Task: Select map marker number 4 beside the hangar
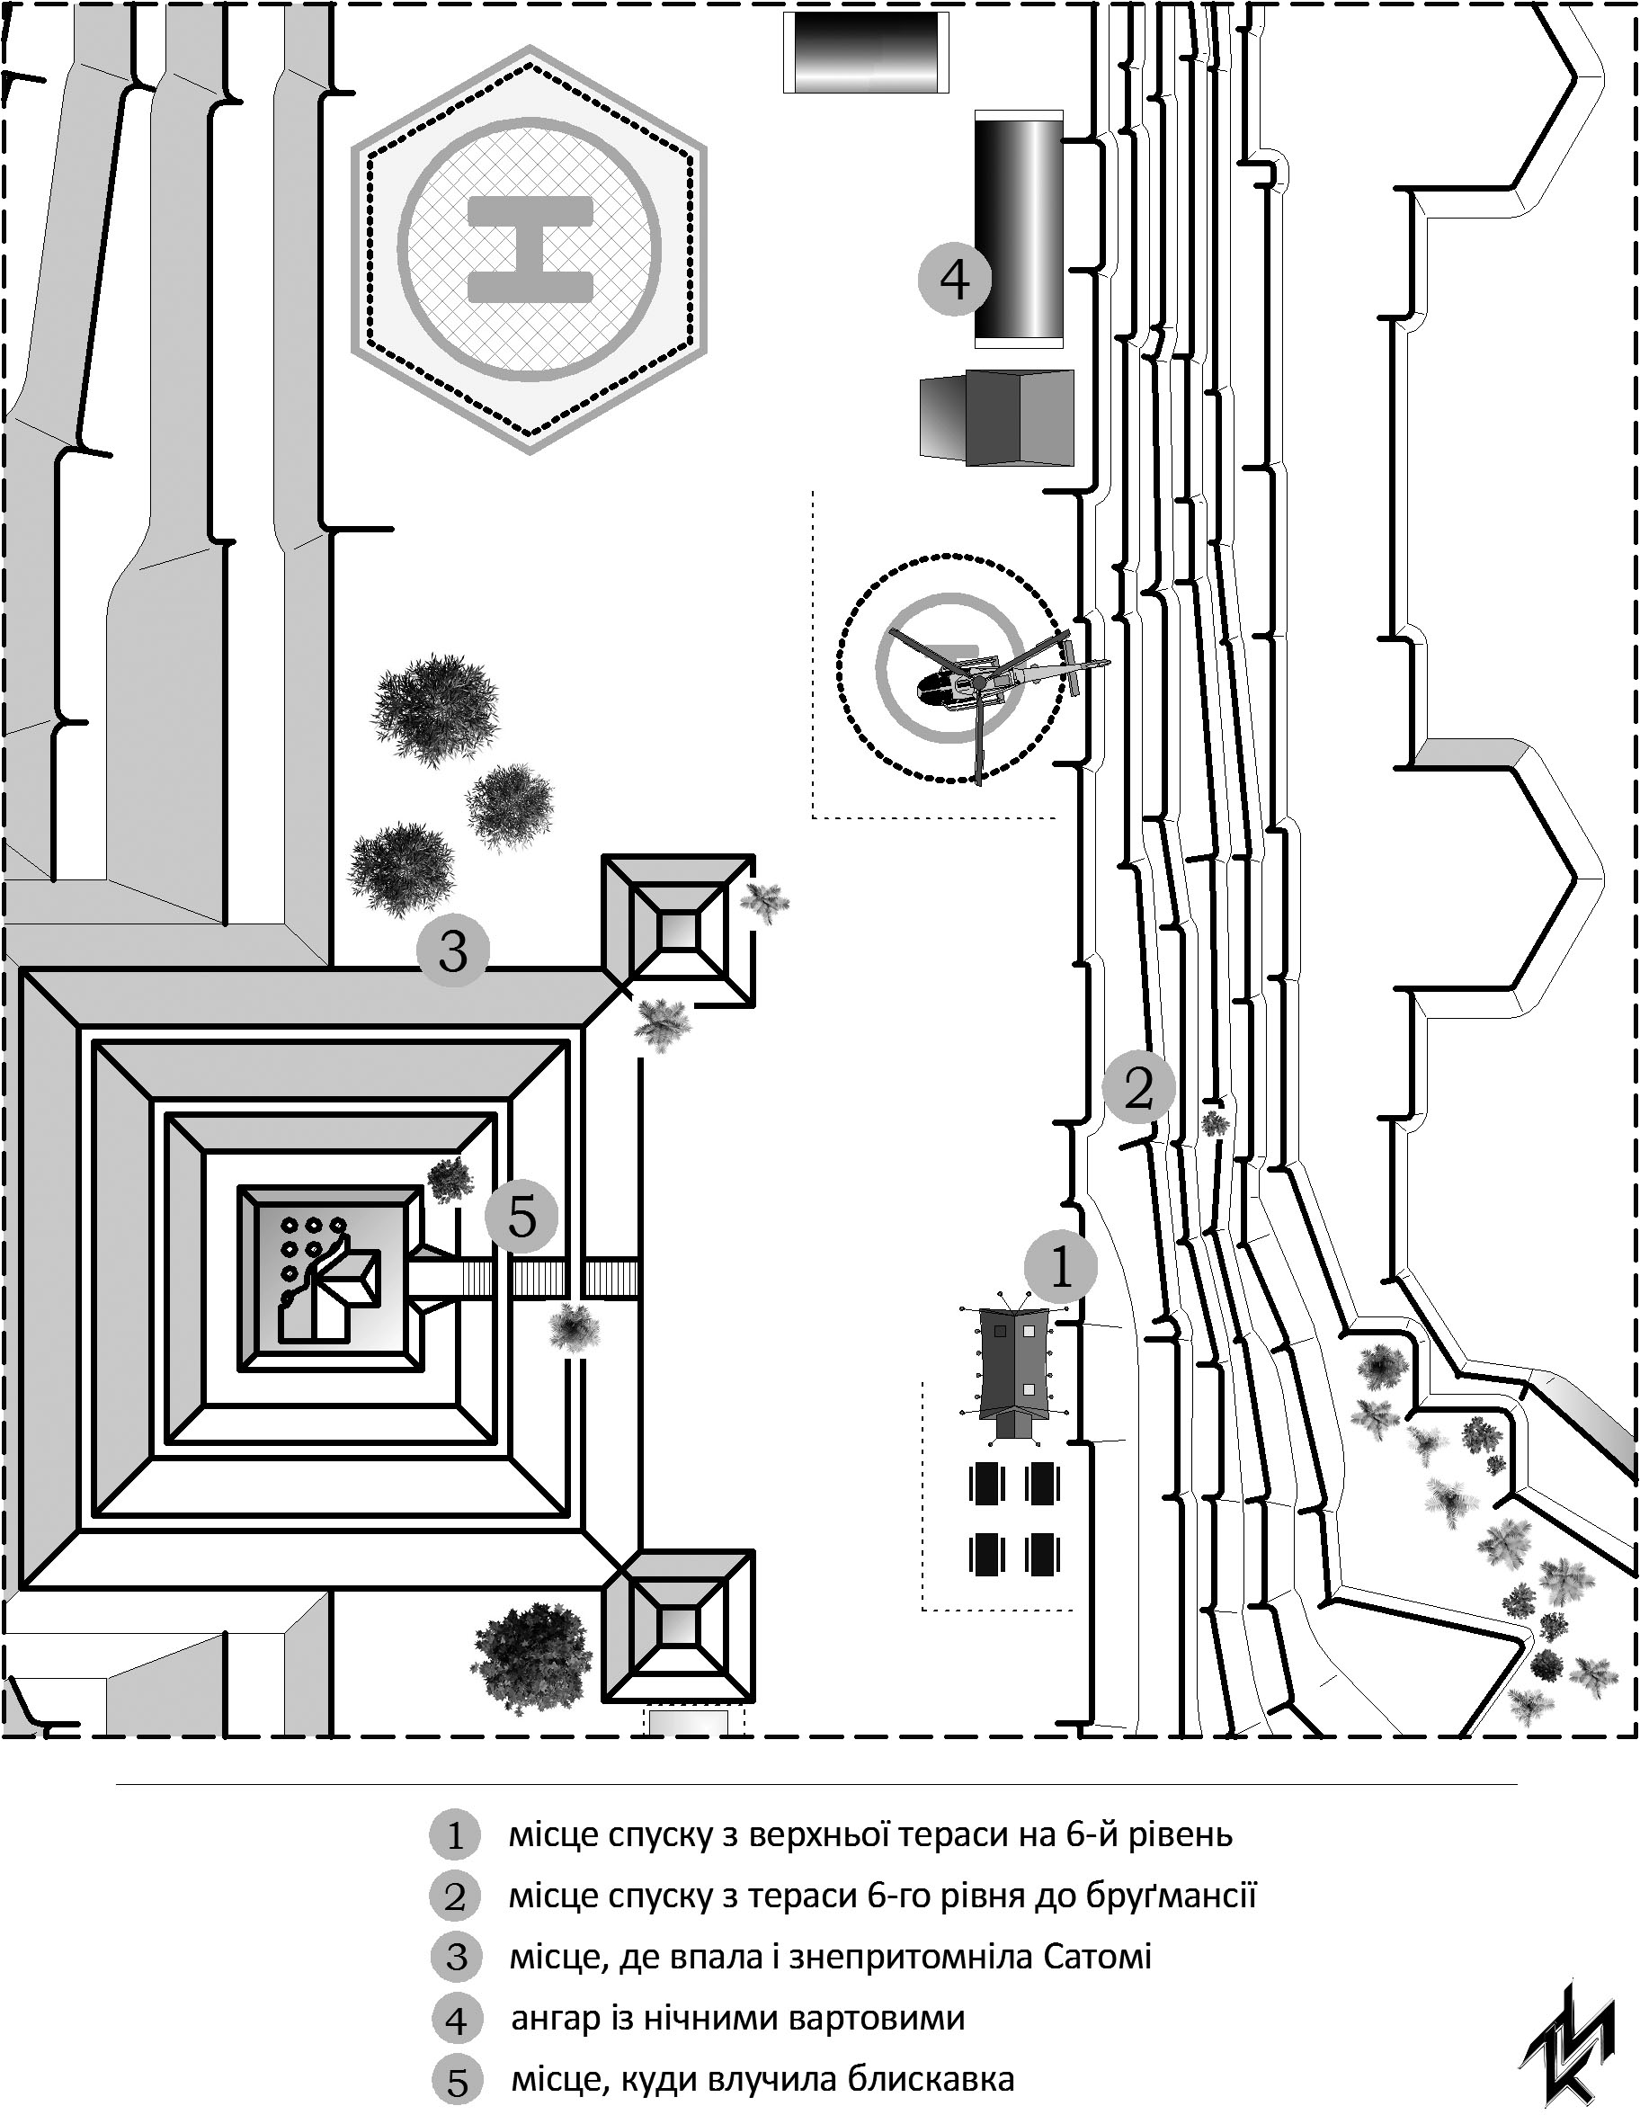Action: coord(955,280)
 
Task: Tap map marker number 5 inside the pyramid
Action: coord(521,1217)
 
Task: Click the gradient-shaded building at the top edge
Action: coord(865,52)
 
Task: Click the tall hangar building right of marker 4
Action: coord(1019,229)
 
